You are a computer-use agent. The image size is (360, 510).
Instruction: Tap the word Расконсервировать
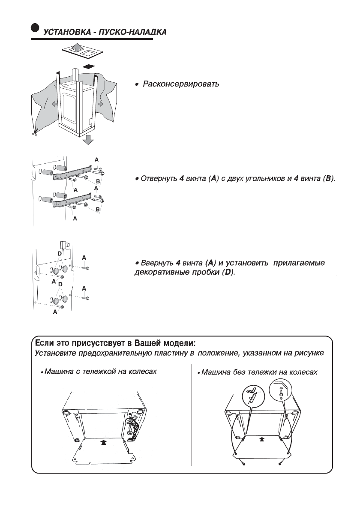[180, 84]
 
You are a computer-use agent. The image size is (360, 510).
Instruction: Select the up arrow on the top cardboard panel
[76, 48]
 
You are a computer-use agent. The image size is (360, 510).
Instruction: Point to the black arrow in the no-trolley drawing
[262, 439]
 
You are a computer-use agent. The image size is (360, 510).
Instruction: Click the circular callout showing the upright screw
[280, 391]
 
